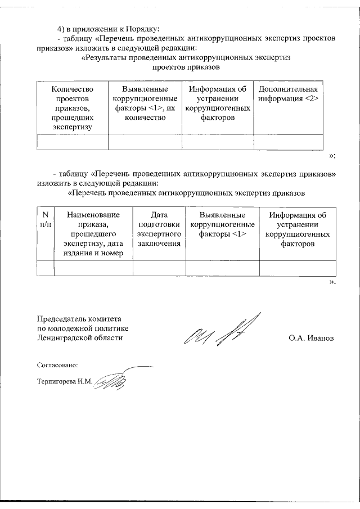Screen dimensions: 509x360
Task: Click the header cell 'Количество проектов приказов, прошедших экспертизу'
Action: (72, 108)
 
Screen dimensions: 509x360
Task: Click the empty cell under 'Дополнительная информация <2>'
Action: (288, 142)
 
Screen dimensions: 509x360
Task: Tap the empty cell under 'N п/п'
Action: (45, 268)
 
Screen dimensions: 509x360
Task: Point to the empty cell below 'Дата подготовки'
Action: (159, 268)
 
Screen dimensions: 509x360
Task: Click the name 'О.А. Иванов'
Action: (310, 339)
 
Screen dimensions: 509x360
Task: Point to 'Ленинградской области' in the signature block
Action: (79, 338)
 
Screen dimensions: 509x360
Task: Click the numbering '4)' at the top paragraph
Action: (62, 28)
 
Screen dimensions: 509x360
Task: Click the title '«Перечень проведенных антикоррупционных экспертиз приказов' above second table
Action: (186, 193)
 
